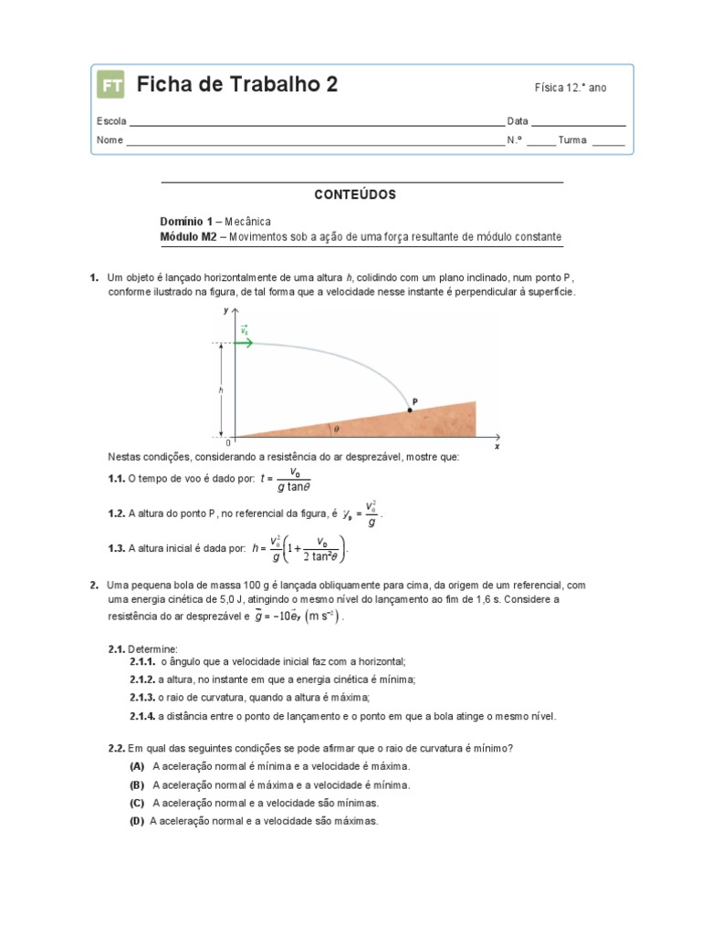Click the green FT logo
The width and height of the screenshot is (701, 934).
click(110, 86)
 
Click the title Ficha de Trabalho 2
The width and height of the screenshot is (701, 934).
click(236, 86)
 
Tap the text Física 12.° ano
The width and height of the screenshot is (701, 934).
click(570, 88)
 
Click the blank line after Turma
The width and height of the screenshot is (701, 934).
click(609, 142)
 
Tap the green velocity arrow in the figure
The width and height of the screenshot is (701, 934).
click(245, 343)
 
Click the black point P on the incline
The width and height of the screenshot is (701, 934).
click(409, 410)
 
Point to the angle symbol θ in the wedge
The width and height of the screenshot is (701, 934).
click(335, 427)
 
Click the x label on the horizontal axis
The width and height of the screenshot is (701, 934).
click(497, 448)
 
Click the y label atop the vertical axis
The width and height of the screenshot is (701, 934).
click(225, 312)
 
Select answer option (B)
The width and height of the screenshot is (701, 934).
click(138, 784)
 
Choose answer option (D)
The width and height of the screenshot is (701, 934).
click(138, 821)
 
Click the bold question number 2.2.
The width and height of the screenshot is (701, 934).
click(116, 748)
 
